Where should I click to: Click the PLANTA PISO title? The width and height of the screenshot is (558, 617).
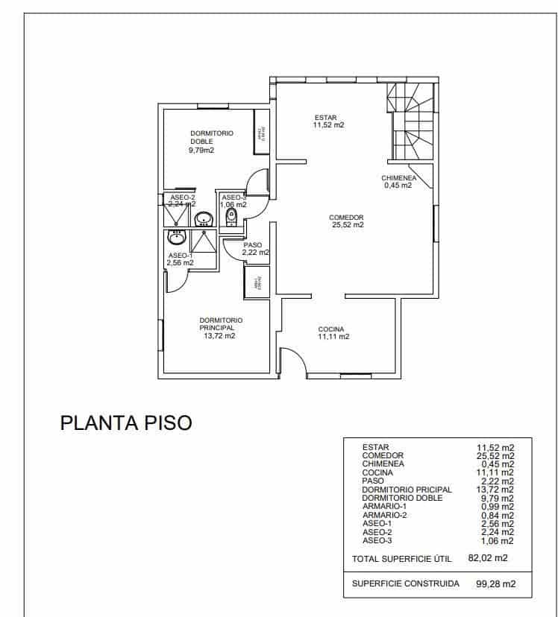click(x=125, y=423)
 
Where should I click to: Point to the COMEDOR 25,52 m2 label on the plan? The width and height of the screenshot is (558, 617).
click(x=347, y=221)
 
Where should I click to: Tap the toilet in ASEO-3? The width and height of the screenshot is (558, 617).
click(x=231, y=218)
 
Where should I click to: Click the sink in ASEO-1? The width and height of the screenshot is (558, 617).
click(x=177, y=238)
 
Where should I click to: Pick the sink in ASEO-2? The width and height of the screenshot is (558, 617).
click(x=203, y=219)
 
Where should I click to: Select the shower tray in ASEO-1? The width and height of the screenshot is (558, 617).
click(x=204, y=241)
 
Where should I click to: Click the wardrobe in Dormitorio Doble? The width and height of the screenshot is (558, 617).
click(x=261, y=132)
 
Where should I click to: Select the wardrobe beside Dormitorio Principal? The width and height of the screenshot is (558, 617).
click(x=257, y=282)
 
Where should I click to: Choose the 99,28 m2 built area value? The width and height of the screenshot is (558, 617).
click(x=495, y=584)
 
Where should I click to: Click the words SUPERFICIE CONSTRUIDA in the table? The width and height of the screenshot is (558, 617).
click(x=406, y=583)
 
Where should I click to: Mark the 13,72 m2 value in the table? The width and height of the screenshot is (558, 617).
click(x=495, y=489)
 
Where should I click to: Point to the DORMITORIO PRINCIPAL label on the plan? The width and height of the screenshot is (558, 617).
click(x=221, y=323)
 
